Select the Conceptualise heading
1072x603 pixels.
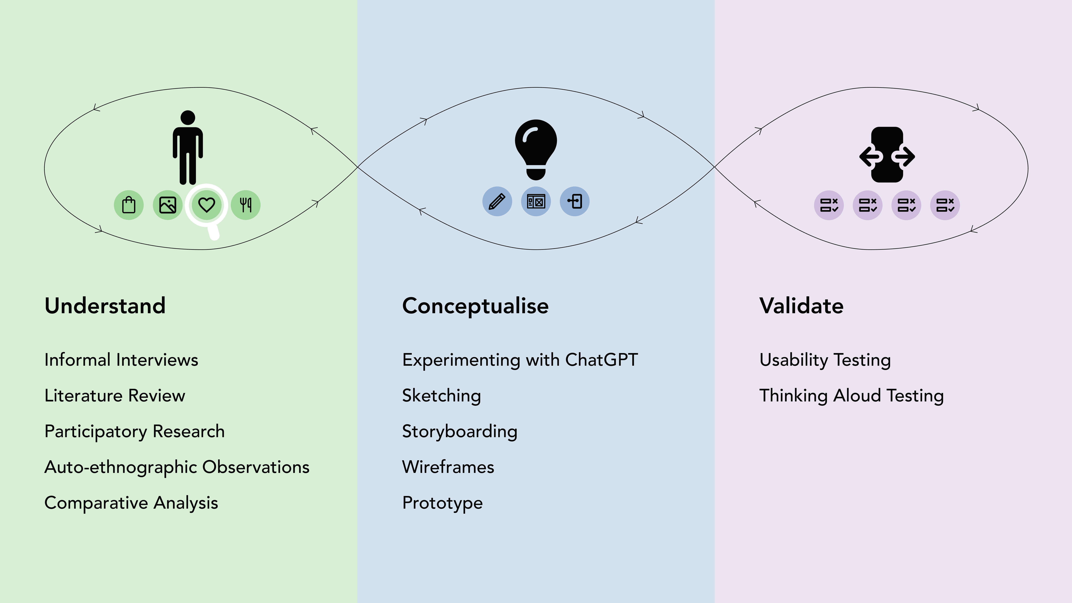coord(475,306)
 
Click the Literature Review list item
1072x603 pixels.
coord(115,395)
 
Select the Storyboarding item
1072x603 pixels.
coord(460,432)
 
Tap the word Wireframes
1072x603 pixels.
coord(448,467)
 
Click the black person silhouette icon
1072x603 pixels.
coord(188,147)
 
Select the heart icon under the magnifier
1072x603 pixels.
coord(206,205)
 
